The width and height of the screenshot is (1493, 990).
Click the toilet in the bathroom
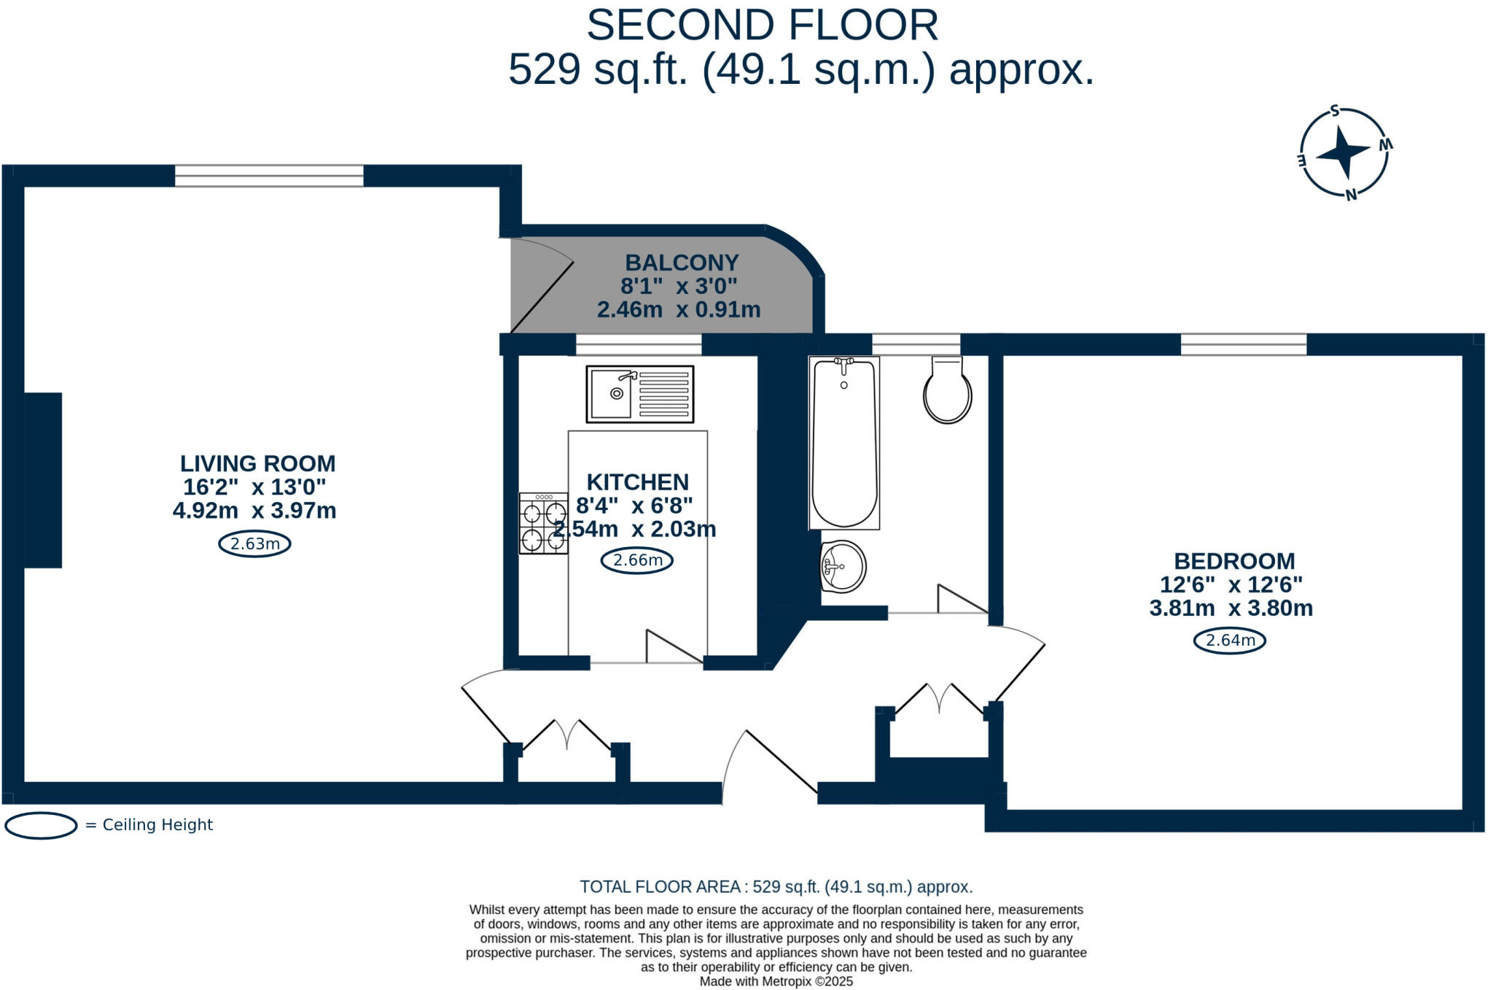pos(947,390)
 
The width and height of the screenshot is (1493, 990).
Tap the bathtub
pos(844,442)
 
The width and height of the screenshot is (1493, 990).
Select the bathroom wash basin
pos(843,566)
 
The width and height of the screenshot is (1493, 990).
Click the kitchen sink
pos(640,394)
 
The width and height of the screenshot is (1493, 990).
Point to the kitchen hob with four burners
pos(543,523)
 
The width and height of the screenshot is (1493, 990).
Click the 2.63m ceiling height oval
pos(254,544)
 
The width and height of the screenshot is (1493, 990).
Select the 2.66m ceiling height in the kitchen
pos(636,560)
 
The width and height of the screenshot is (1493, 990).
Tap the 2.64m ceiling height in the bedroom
pos(1230,641)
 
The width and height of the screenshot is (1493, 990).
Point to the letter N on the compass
pos(1351,195)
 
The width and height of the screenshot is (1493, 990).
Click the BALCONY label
pos(682,263)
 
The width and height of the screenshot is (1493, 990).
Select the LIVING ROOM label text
pos(258,463)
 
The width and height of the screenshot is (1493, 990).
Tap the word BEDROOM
pos(1234,561)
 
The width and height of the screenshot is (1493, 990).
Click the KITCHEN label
pos(638,482)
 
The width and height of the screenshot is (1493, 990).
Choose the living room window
pos(269,176)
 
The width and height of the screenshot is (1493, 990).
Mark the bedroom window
pos(1244,344)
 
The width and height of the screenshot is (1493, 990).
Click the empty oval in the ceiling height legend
pos(41,825)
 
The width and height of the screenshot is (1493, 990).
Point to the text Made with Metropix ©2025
pos(776,981)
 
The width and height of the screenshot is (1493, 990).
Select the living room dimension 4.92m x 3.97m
pos(254,511)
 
